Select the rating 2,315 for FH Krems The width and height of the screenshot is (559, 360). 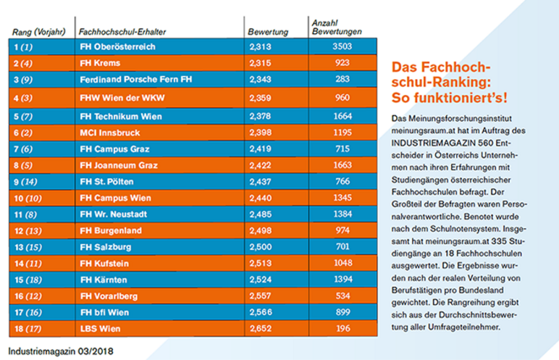(260, 63)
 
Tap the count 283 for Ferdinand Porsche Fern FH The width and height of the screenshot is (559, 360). (342, 79)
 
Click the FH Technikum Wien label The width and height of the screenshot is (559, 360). (120, 117)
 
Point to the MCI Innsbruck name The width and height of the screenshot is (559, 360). (109, 133)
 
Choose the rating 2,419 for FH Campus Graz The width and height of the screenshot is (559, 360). (260, 148)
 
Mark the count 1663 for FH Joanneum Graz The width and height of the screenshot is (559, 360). (342, 165)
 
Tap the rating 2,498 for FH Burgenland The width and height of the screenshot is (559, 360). (260, 230)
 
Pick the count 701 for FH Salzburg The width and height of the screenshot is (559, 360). (342, 246)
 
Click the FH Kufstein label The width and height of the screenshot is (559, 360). (104, 264)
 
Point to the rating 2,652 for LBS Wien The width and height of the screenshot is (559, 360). (261, 329)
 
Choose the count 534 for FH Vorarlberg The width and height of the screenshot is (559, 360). (342, 296)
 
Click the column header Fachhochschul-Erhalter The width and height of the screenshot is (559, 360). (122, 32)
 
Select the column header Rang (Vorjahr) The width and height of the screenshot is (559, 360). (39, 32)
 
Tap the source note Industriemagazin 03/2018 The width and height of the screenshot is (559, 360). (61, 351)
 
